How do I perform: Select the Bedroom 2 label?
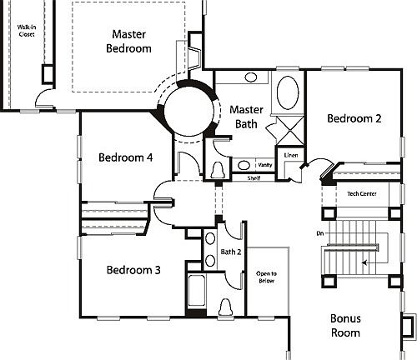click(x=354, y=118)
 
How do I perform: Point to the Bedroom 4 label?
click(x=125, y=157)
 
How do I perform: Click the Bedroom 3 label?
click(x=133, y=270)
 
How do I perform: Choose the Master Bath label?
click(x=246, y=117)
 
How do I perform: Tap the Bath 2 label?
click(x=230, y=251)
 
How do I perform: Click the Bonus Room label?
click(x=344, y=325)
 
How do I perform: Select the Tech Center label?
click(x=362, y=193)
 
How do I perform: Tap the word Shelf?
click(x=254, y=178)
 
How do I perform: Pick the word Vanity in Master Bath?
click(x=264, y=165)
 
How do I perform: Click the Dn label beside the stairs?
click(x=320, y=232)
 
